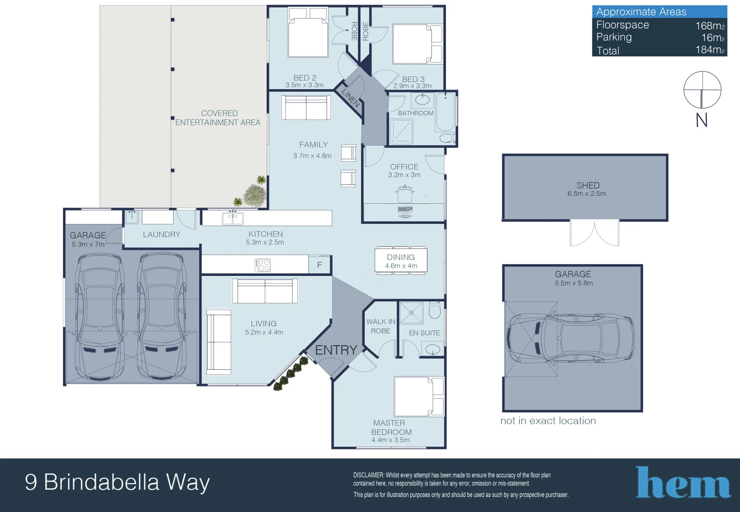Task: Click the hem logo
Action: [683, 483]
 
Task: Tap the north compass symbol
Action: [702, 90]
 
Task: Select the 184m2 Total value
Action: [710, 50]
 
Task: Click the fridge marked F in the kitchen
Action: [320, 265]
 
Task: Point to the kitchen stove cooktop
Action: [262, 265]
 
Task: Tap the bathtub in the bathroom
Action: [445, 112]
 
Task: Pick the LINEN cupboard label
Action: [351, 98]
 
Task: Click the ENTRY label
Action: [336, 350]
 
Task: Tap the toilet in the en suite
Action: [435, 311]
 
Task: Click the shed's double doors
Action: [594, 233]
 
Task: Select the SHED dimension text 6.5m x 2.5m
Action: [586, 193]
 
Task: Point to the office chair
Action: [405, 194]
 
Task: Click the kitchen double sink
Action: [233, 219]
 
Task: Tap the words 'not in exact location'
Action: [548, 421]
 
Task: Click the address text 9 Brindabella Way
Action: [117, 482]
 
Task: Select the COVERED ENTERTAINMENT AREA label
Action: [218, 118]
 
